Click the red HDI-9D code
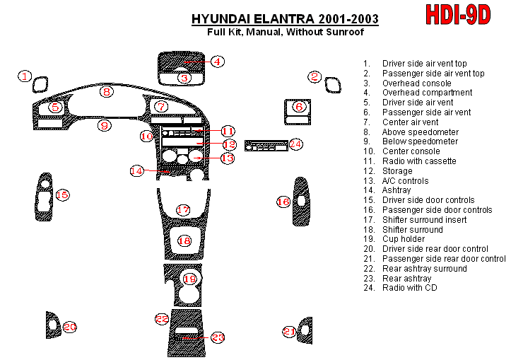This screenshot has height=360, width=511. pos(458,15)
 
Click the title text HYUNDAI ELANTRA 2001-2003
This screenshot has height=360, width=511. pos(284,18)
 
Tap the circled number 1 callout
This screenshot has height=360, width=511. pos(25,76)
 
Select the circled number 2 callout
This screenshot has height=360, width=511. pos(315,77)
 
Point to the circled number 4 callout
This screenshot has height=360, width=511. pos(218,62)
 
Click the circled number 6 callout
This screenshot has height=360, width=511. pos(299,107)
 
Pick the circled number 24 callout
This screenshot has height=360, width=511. pos(295,144)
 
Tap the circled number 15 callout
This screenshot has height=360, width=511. pos(62,194)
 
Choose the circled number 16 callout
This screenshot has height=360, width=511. pos(283,202)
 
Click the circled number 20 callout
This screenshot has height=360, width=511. pos(69,327)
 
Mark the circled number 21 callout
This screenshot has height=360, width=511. pos(289,331)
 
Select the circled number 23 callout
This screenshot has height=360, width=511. pos(218,337)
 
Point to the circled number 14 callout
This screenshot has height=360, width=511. pos(136,170)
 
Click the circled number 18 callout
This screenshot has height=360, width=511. pos(184,241)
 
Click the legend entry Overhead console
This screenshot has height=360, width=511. pos(416,83)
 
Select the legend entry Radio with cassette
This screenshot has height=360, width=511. pos(419,161)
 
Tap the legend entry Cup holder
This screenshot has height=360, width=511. pos(403,239)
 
